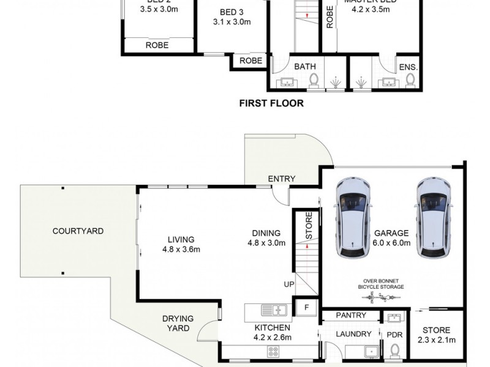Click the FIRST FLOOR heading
pyautogui.click(x=271, y=103)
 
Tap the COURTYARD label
pyautogui.click(x=78, y=231)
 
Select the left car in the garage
pyautogui.click(x=354, y=218)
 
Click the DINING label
pyautogui.click(x=266, y=233)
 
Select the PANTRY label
pyautogui.click(x=351, y=316)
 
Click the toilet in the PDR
pyautogui.click(x=395, y=349)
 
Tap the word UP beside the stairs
pyautogui.click(x=288, y=284)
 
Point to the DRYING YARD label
pyautogui.click(x=178, y=324)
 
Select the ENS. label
pyautogui.click(x=407, y=67)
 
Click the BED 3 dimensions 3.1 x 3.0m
pyautogui.click(x=232, y=22)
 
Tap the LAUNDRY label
pyautogui.click(x=353, y=334)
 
